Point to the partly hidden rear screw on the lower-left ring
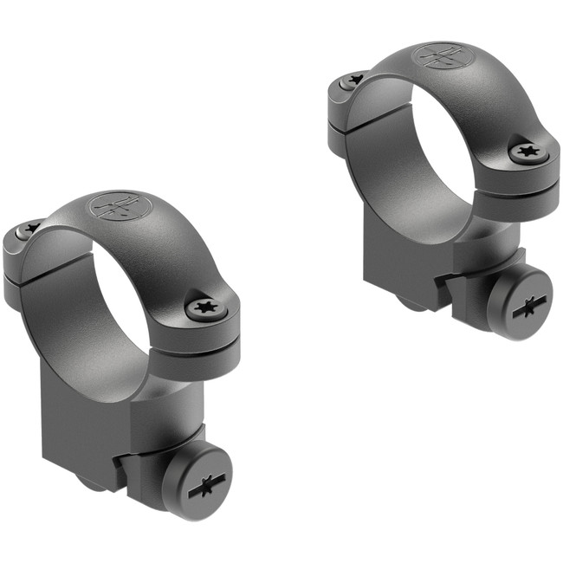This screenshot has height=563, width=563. (30, 229)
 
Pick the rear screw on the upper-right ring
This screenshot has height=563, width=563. (354, 80)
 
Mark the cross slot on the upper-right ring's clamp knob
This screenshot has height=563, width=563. (528, 305)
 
